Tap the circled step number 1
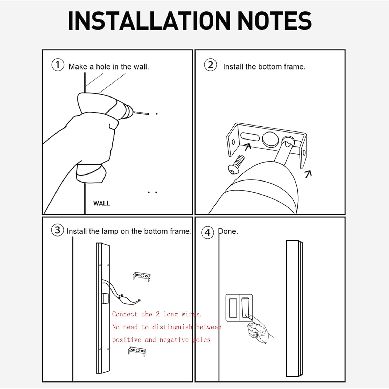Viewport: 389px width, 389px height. [x=58, y=65]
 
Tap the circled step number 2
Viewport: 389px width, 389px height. [x=211, y=65]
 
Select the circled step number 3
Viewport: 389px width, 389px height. [x=58, y=230]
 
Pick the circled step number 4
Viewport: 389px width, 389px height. [x=208, y=232]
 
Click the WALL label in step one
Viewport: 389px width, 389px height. [x=102, y=203]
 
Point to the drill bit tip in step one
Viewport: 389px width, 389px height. [x=149, y=114]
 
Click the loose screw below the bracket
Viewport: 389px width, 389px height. [x=237, y=164]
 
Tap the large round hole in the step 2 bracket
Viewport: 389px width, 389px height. [x=270, y=139]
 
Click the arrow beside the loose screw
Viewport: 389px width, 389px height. [x=248, y=147]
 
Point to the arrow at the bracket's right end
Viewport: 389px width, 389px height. [x=308, y=174]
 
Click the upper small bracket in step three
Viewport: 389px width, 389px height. [x=142, y=277]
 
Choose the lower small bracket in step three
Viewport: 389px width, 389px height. [x=137, y=352]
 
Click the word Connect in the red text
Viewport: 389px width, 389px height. [x=125, y=314]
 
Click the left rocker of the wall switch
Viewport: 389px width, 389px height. [x=233, y=308]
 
